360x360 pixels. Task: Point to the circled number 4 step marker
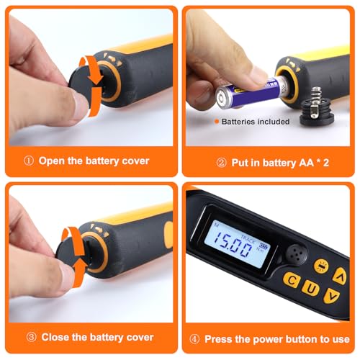pos(194,338)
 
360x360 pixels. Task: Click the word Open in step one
pos(51,161)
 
